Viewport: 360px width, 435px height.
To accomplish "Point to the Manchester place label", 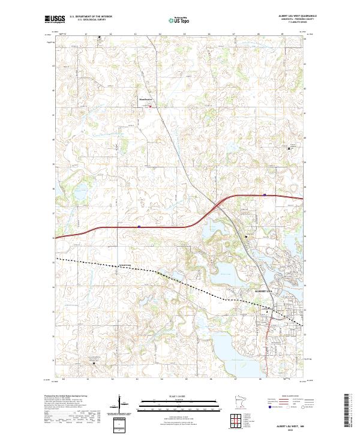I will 146,100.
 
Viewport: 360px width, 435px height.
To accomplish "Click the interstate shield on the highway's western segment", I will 139,227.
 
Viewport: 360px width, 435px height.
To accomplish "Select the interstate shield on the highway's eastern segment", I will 263,195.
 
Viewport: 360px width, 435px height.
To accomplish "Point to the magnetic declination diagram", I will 119,406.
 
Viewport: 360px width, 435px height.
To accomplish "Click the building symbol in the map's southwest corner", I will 94,362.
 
